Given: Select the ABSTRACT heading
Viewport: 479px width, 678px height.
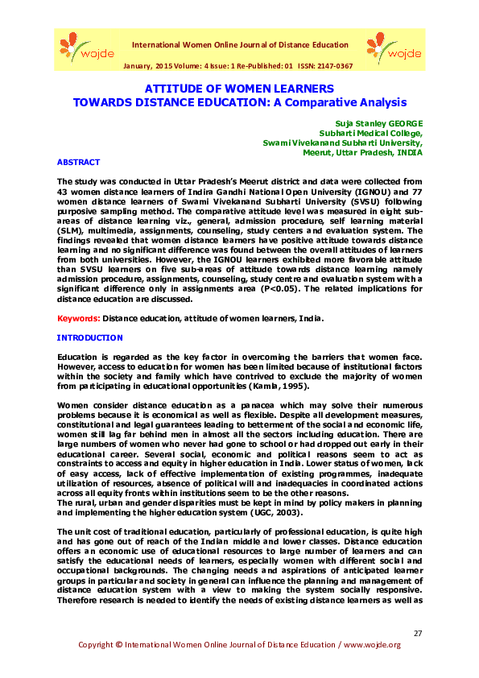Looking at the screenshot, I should [78, 163].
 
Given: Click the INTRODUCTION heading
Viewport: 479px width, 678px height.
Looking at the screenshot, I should [90, 338].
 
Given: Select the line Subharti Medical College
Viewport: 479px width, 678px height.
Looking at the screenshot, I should [371, 134].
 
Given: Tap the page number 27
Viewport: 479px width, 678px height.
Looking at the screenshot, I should [417, 633].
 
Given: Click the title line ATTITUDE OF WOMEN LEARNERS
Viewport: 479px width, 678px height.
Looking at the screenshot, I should [239, 88].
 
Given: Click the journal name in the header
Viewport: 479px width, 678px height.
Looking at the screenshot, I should [239, 45].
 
